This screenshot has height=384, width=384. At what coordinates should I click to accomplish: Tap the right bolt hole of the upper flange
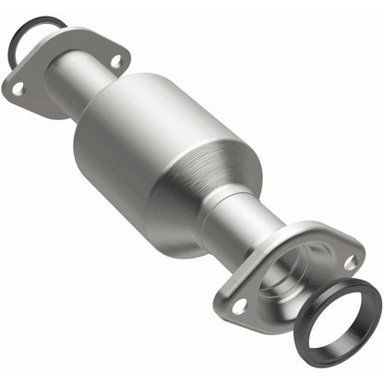coord(116,61)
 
